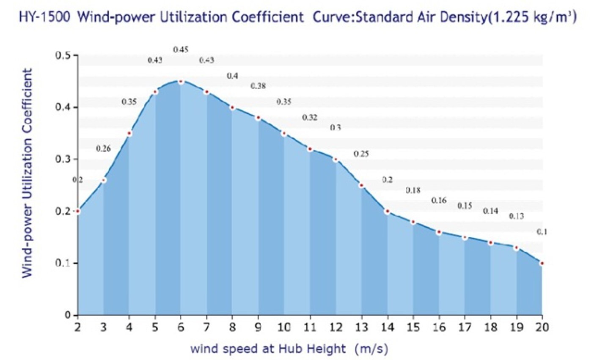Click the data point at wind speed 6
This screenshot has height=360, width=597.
pos(181,81)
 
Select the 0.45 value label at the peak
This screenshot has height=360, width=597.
pos(181,50)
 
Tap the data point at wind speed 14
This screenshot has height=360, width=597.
pos(387,211)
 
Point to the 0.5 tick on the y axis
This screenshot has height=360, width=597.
pos(64,56)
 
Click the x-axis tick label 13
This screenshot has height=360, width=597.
pos(361,327)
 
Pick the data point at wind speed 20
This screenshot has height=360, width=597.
pos(542,263)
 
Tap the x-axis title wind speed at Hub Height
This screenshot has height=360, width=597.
pos(268,349)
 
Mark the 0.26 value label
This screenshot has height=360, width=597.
pos(103,149)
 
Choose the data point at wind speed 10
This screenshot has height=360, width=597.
pos(284,134)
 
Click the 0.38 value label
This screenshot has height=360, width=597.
pos(258,86)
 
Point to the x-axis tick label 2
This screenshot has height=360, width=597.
pos(77,327)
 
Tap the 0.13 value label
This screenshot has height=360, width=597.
pos(516,217)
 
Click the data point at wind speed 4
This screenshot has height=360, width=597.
pos(129,134)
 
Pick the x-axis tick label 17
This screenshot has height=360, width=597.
pos(465,327)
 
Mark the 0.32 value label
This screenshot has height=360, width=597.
pos(310,118)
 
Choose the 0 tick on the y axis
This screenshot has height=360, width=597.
pos(67,315)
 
